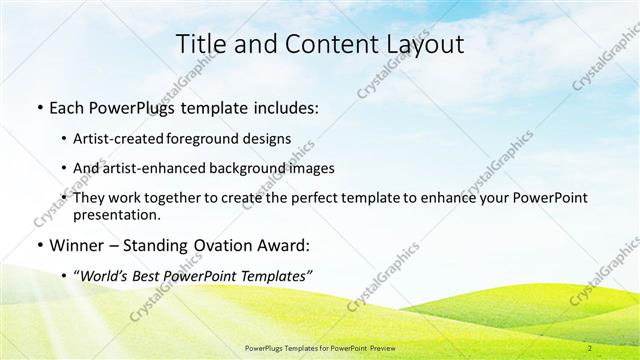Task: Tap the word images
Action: (308, 168)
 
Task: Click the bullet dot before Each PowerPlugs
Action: (37, 108)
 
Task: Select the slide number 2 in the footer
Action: (590, 348)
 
